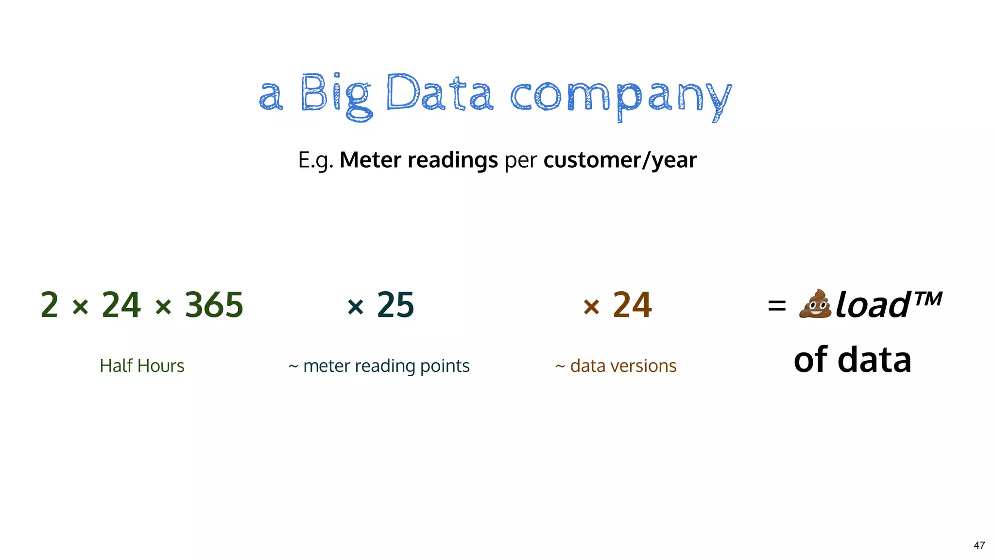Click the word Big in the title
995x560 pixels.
[x=336, y=95]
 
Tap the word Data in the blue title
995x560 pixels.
[x=440, y=93]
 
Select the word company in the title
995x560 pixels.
[x=620, y=97]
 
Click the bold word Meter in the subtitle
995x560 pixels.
[x=370, y=160]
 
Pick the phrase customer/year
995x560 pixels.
[x=620, y=160]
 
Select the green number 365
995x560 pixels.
[x=214, y=305]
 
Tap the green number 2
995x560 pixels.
[x=49, y=305]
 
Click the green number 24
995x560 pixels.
[x=121, y=305]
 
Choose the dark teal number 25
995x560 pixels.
[x=395, y=305]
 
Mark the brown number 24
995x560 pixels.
[x=632, y=305]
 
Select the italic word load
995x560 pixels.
[x=873, y=305]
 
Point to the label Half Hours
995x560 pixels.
[x=142, y=366]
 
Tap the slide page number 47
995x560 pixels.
[x=979, y=545]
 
